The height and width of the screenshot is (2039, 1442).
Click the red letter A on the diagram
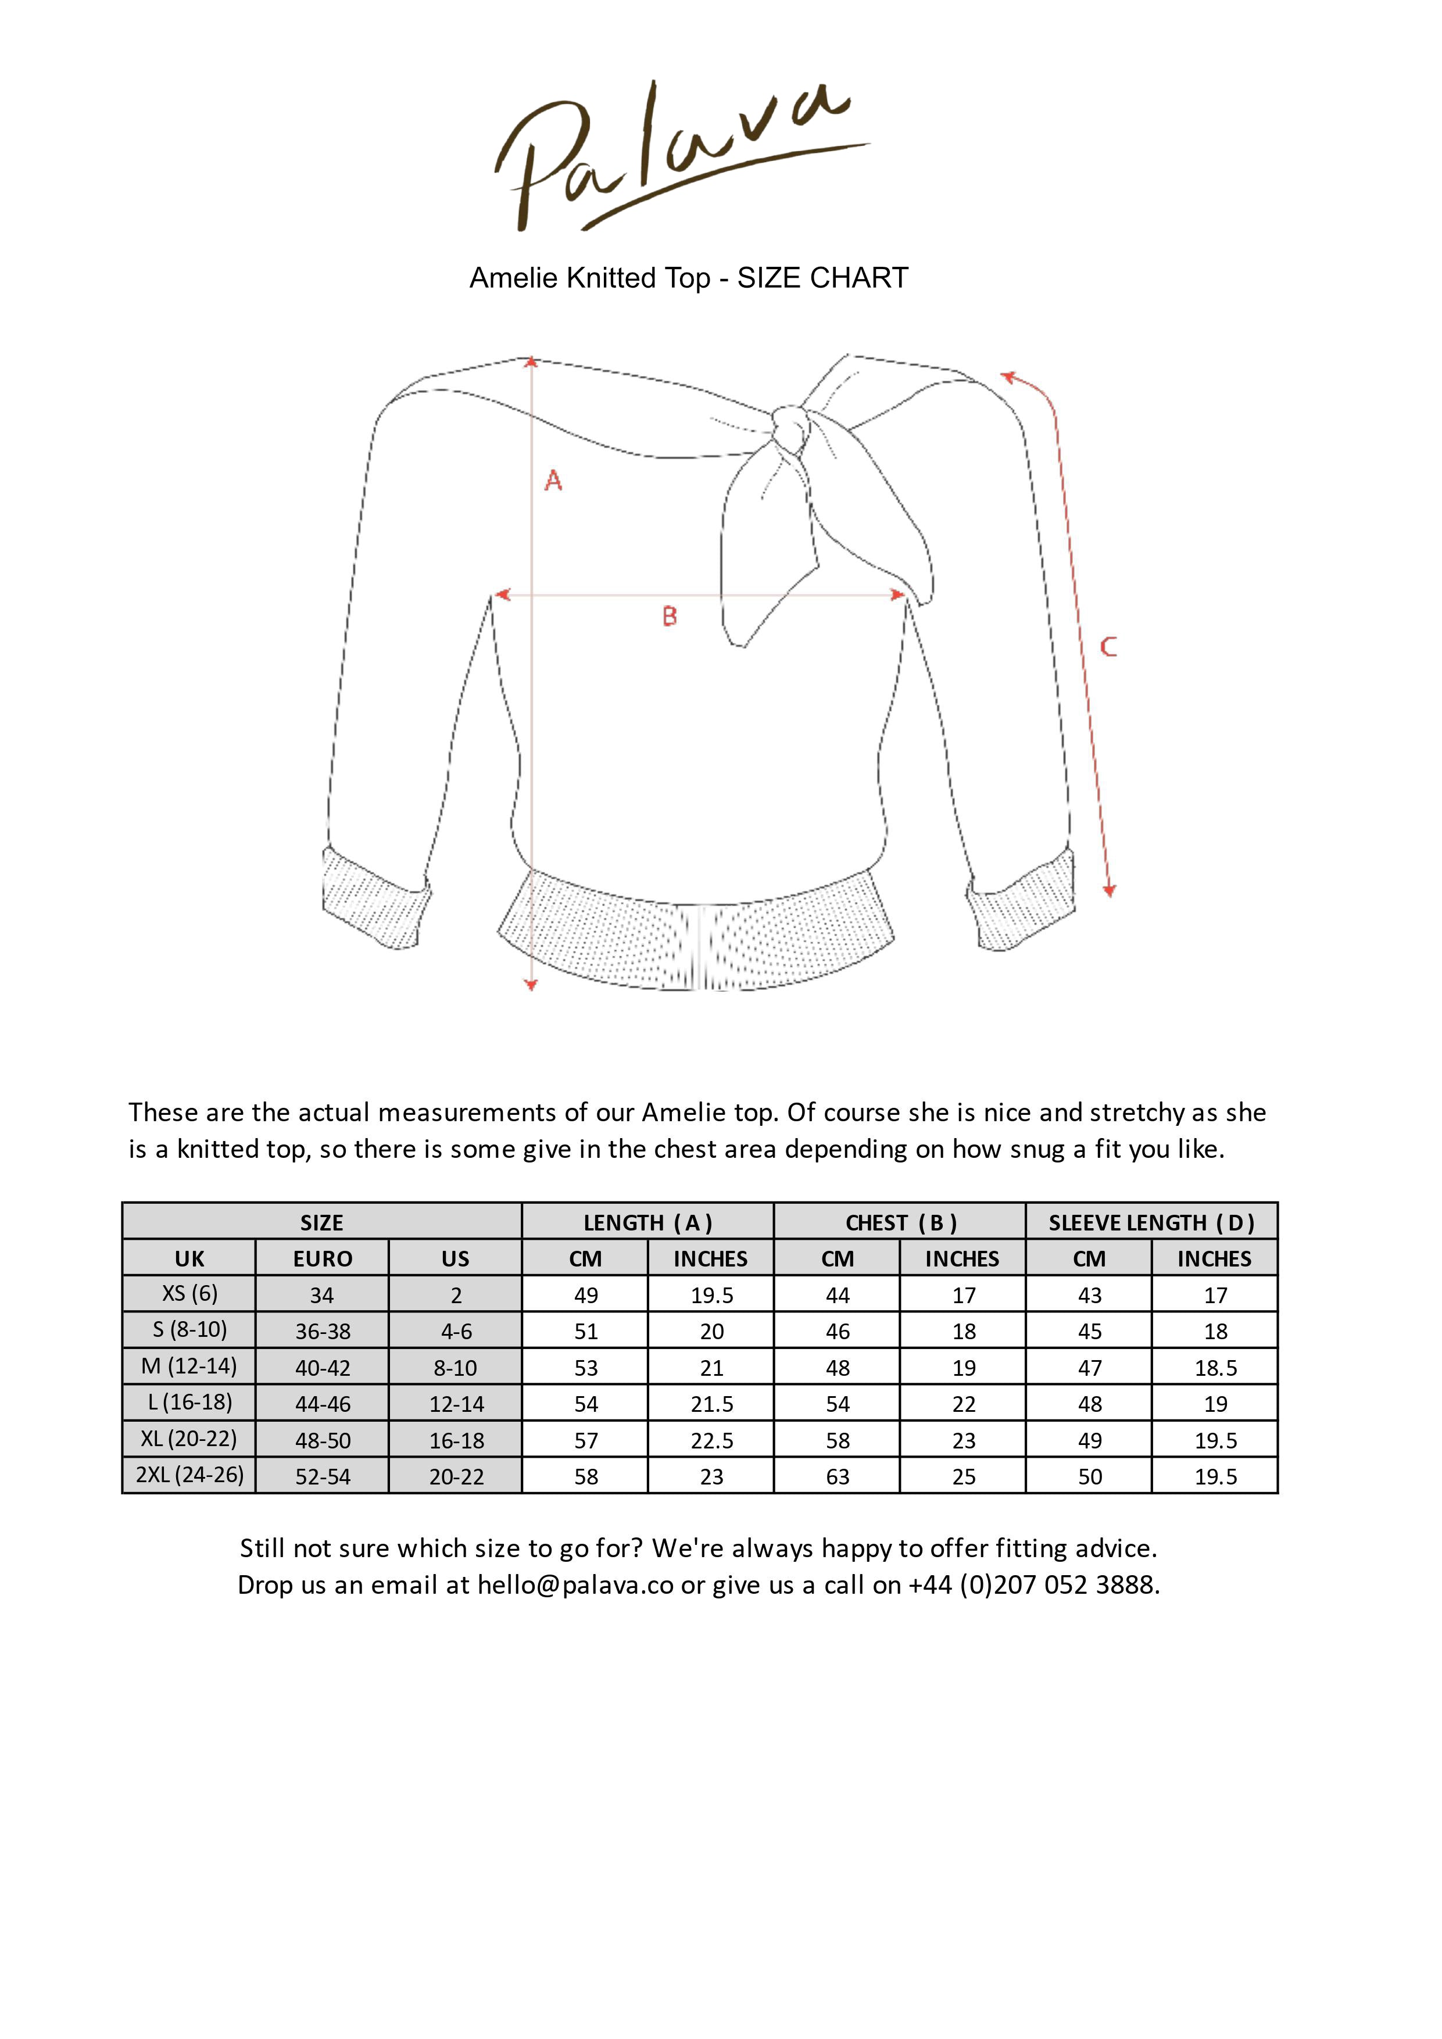[x=553, y=481]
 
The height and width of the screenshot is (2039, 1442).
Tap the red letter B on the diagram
[x=670, y=616]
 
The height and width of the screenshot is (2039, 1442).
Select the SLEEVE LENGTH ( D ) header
[x=1151, y=1223]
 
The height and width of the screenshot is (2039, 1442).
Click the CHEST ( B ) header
[x=900, y=1223]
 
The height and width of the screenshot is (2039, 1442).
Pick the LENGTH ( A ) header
[x=647, y=1223]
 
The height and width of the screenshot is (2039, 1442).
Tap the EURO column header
[x=323, y=1260]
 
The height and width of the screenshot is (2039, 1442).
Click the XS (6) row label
[x=189, y=1294]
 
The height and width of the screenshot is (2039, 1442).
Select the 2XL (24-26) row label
[x=189, y=1475]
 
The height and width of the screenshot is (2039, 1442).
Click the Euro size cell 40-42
[x=323, y=1368]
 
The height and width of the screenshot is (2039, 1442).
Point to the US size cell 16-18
[x=456, y=1440]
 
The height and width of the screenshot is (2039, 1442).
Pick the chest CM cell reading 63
[x=838, y=1477]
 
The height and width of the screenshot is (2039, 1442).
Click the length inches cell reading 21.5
[x=711, y=1404]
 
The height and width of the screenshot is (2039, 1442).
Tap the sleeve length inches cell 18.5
[x=1215, y=1368]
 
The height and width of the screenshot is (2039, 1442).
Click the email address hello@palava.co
[x=575, y=1585]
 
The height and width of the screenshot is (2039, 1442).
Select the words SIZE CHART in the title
[x=822, y=278]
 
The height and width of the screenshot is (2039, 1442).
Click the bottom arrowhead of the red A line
[x=531, y=984]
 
